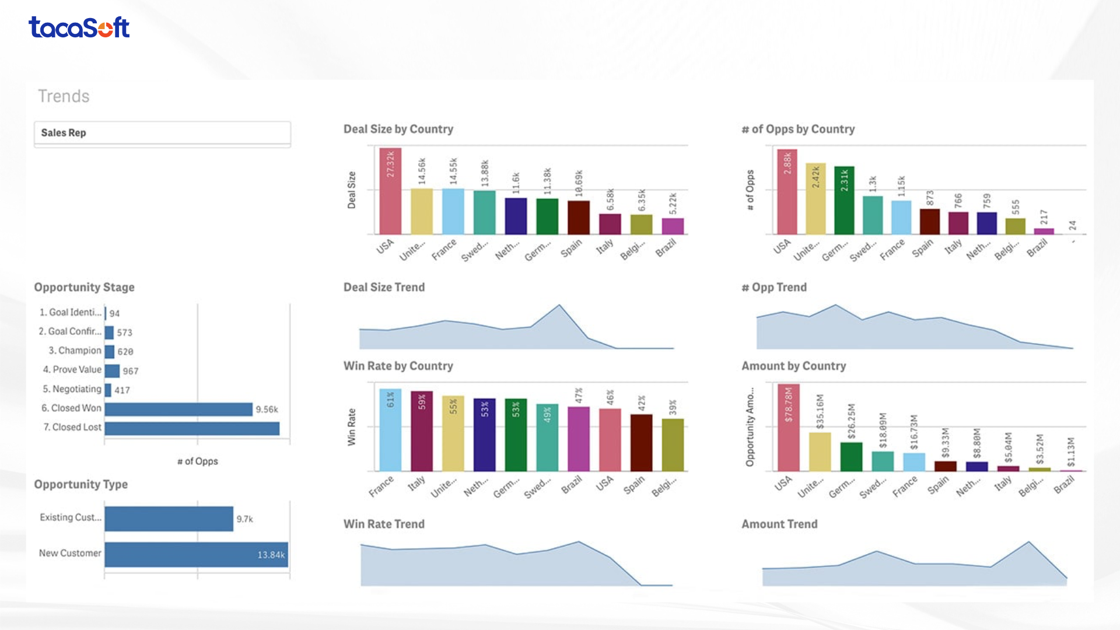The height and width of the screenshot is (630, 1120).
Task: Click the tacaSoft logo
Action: pyautogui.click(x=79, y=27)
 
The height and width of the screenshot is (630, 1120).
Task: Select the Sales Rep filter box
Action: pyautogui.click(x=162, y=133)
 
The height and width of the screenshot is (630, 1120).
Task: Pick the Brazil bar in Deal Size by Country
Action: pyautogui.click(x=673, y=226)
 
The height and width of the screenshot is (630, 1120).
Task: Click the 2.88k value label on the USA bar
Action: pyautogui.click(x=787, y=163)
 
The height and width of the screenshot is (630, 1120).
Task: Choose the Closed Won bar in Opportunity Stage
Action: pyautogui.click(x=178, y=409)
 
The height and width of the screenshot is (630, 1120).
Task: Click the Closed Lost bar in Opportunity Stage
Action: pyautogui.click(x=192, y=428)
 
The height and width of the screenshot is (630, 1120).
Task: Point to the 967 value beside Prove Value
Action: pyautogui.click(x=131, y=371)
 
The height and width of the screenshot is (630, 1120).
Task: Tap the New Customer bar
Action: pyautogui.click(x=196, y=554)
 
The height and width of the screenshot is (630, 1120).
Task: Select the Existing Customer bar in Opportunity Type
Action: pyautogui.click(x=169, y=519)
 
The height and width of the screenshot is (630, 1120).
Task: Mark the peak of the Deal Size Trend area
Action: pyautogui.click(x=559, y=305)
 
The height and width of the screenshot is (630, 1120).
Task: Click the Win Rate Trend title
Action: pyautogui.click(x=384, y=524)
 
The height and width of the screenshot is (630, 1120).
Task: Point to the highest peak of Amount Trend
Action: pyautogui.click(x=1028, y=542)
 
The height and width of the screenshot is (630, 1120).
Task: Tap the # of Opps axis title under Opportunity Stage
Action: pyautogui.click(x=198, y=461)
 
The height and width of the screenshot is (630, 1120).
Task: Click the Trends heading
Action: pyautogui.click(x=64, y=96)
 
